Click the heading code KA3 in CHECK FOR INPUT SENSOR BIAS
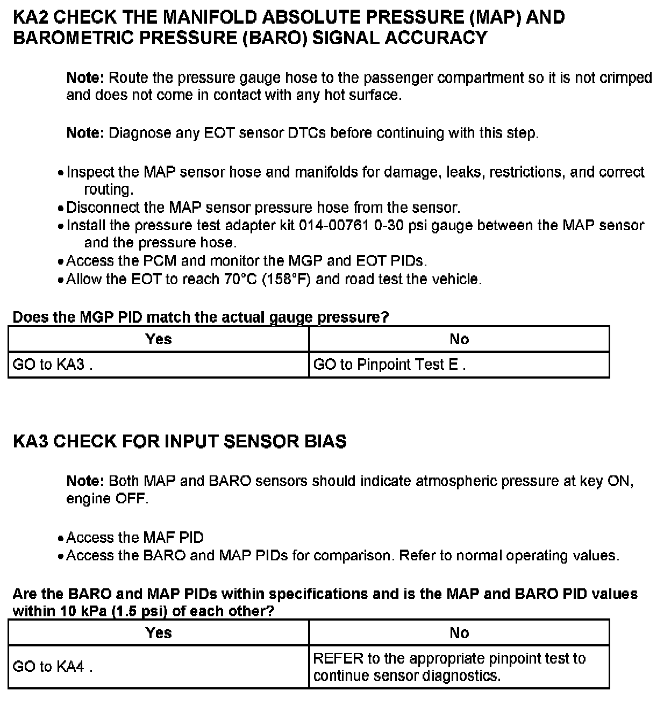(x=31, y=442)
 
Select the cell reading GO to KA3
(x=52, y=365)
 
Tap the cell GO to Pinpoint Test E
(x=389, y=365)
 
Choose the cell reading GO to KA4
(x=52, y=667)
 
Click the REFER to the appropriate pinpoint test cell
(x=449, y=667)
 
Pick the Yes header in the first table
(x=159, y=339)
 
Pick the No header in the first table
(x=459, y=339)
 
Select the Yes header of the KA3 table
(x=159, y=632)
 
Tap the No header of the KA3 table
(x=459, y=632)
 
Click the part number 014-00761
(x=333, y=225)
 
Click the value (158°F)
(x=287, y=279)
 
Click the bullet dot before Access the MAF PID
(x=61, y=538)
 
